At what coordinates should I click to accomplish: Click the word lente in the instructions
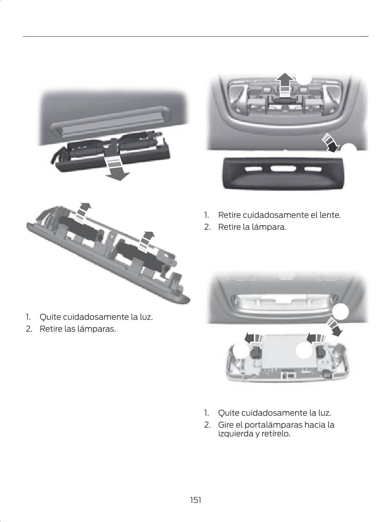tap(330, 215)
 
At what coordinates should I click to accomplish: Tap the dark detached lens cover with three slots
tap(283, 173)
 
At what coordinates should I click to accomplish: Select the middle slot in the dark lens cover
tap(283, 168)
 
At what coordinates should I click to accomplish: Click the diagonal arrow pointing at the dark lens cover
tap(330, 143)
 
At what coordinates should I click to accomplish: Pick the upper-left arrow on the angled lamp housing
tap(83, 212)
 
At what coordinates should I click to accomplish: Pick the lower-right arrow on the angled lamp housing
tap(146, 242)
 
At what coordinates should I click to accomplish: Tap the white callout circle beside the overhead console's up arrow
tap(304, 78)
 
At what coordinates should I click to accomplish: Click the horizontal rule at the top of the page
tap(196, 37)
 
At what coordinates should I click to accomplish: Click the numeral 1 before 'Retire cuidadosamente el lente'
tap(206, 215)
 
